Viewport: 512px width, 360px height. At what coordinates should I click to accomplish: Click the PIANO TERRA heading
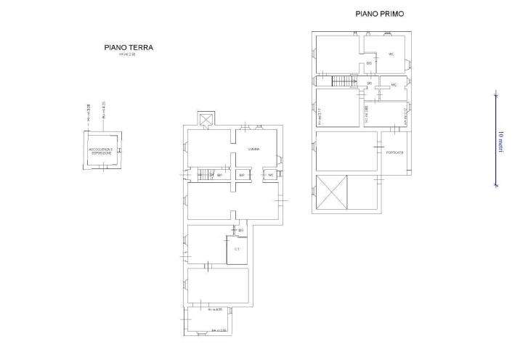[129, 49]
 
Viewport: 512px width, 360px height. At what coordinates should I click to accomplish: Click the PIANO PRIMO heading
[380, 14]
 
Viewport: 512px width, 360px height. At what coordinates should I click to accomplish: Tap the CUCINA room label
[254, 149]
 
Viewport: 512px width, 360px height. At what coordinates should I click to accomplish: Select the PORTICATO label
[395, 152]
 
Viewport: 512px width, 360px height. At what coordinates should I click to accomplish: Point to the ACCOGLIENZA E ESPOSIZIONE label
[100, 152]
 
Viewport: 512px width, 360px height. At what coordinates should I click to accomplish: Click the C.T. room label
[237, 249]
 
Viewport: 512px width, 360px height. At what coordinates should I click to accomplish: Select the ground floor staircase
[203, 175]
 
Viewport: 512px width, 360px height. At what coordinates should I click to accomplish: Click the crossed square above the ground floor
[206, 119]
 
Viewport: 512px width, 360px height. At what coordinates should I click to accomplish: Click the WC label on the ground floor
[270, 175]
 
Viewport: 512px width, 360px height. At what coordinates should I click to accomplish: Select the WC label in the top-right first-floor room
[391, 54]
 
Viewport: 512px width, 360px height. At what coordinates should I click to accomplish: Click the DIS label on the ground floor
[240, 230]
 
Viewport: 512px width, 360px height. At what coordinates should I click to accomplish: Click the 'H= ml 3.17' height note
[319, 116]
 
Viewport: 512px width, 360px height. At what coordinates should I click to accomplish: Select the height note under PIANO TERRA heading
[129, 56]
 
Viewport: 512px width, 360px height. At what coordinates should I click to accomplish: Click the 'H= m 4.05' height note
[216, 309]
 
